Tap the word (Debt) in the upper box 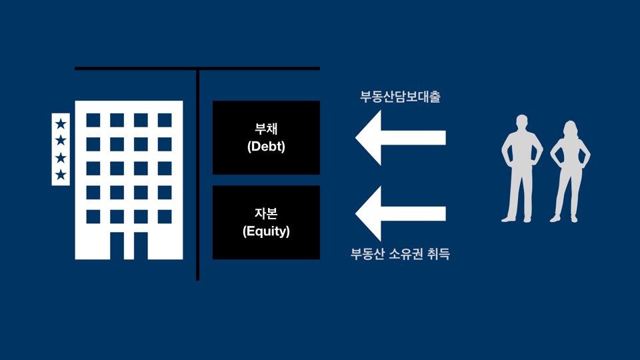click(266, 147)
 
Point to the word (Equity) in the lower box click(266, 231)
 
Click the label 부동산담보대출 click(400, 97)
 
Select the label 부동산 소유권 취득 click(400, 254)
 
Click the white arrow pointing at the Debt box click(400, 138)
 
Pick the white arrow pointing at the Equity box click(400, 213)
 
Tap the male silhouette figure click(522, 170)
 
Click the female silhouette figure click(569, 172)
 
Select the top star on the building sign click(61, 123)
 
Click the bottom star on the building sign click(61, 175)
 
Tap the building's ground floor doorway click(129, 245)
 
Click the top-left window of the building click(93, 120)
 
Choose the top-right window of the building click(165, 120)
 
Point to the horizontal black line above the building click(133, 69)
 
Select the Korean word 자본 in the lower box click(266, 215)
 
